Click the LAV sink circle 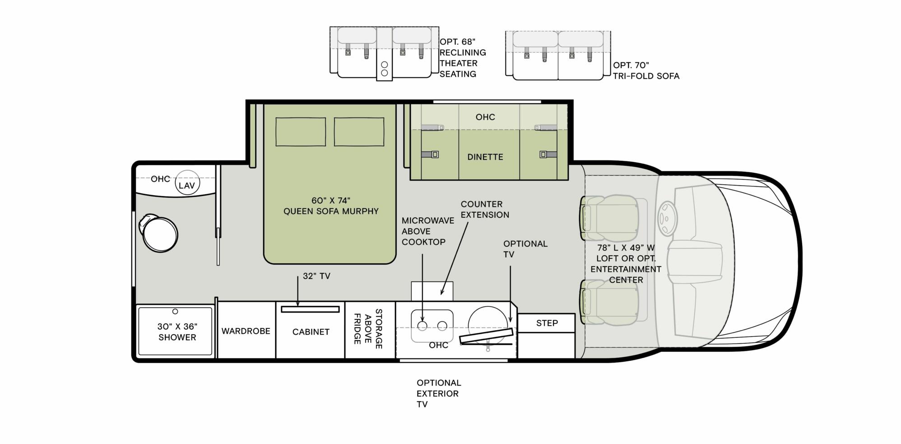click(187, 183)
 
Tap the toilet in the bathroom click(159, 234)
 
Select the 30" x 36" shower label click(177, 332)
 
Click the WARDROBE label click(246, 331)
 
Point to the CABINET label click(311, 332)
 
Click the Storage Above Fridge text click(368, 329)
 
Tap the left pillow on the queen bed click(301, 132)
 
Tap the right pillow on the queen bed click(359, 132)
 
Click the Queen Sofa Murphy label click(330, 206)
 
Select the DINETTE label click(485, 157)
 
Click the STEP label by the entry click(547, 323)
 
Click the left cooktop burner click(422, 326)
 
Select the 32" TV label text click(316, 276)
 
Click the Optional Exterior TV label click(438, 393)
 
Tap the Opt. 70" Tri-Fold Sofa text click(646, 71)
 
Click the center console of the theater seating click(384, 54)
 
